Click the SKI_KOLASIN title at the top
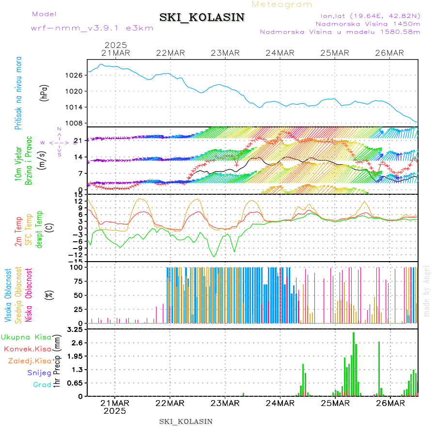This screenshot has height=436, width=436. pyautogui.click(x=202, y=17)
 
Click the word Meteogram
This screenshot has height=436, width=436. pyautogui.click(x=282, y=4)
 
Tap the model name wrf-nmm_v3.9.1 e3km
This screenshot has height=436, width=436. pyautogui.click(x=92, y=28)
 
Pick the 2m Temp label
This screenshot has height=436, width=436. pyautogui.click(x=18, y=231)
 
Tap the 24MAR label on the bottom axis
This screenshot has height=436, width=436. pyautogui.click(x=280, y=403)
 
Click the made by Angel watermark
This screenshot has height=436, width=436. pyautogui.click(x=427, y=291)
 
